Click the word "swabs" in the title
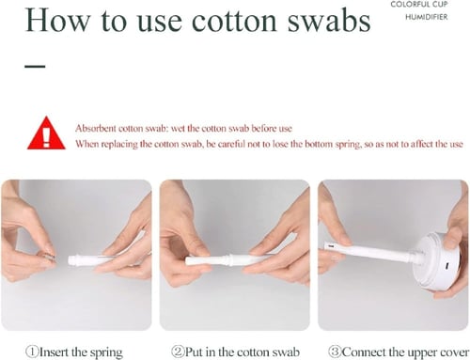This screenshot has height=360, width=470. (x=329, y=21)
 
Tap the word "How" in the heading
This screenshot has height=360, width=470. (x=57, y=21)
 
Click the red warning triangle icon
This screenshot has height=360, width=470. (x=46, y=133)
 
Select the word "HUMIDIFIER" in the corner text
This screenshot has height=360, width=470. (x=427, y=17)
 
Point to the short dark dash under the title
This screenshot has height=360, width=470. (x=35, y=66)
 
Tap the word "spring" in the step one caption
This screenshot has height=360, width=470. (x=106, y=352)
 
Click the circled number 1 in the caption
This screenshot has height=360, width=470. (x=32, y=352)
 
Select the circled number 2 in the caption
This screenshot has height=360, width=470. (x=178, y=352)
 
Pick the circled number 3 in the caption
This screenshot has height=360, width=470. (x=335, y=352)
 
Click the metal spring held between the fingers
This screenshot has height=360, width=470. (x=46, y=256)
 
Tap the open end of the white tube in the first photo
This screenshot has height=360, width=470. (x=71, y=260)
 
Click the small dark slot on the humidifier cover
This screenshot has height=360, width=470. (x=447, y=266)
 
